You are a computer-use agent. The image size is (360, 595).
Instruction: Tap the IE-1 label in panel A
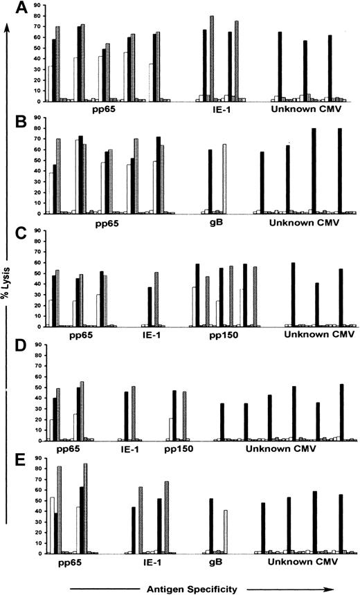pyautogui.click(x=217, y=109)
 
